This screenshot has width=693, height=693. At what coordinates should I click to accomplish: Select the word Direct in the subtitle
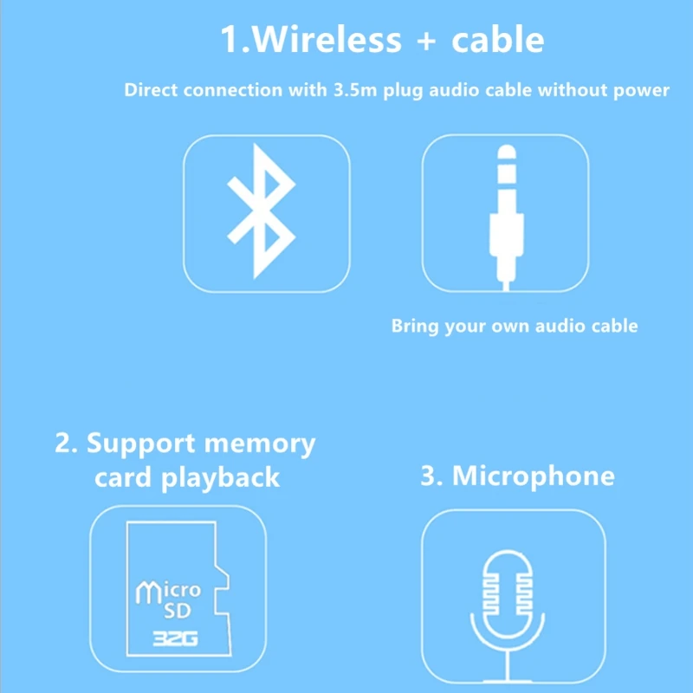pos(151,90)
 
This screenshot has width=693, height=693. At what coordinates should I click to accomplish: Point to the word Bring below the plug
pos(415,327)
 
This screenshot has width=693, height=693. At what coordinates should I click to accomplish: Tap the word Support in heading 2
pos(139,444)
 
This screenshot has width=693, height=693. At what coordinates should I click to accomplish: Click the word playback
pos(221,477)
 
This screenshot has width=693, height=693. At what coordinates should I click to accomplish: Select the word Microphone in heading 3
pos(533,476)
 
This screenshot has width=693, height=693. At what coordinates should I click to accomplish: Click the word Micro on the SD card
pos(169,593)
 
